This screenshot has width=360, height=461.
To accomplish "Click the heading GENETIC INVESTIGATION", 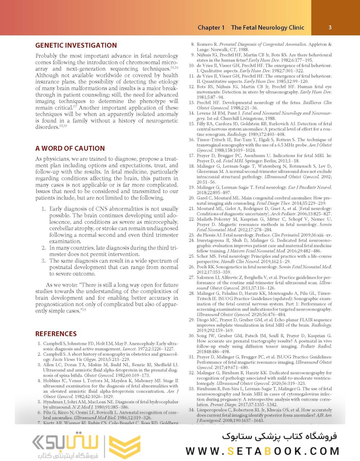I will [76, 45].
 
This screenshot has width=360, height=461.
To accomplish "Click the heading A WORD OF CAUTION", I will [70, 149].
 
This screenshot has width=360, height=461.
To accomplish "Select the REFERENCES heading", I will [56, 334].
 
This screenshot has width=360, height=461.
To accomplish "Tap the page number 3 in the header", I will [330, 27].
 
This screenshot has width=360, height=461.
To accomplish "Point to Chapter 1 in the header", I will [211, 28].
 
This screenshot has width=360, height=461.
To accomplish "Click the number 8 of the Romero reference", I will [193, 44].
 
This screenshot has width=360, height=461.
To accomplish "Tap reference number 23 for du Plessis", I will [192, 236].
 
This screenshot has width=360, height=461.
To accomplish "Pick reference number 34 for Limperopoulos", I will [192, 410].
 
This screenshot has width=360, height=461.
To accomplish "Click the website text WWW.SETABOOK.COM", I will [262, 451].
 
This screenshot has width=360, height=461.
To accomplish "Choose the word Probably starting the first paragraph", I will [49, 56].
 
